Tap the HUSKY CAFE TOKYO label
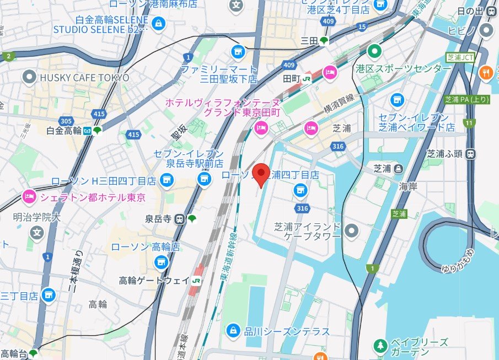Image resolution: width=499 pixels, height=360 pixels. pyautogui.click(x=84, y=78)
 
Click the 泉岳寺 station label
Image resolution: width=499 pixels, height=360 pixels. pyautogui.click(x=158, y=218)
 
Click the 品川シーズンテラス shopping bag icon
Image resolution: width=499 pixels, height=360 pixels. pyautogui.click(x=233, y=331)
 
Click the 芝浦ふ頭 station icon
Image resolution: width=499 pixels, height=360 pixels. pyautogui.click(x=470, y=154)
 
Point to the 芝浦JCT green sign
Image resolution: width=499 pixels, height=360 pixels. pyautogui.click(x=459, y=57)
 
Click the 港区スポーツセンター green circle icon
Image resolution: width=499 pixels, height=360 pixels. pyautogui.click(x=375, y=52)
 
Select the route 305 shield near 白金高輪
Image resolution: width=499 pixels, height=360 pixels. pyautogui.click(x=67, y=121)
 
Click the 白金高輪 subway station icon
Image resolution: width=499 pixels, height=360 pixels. pyautogui.click(x=88, y=131)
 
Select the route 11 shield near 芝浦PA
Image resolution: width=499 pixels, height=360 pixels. pyautogui.click(x=469, y=122)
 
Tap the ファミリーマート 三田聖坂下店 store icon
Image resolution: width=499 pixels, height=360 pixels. pyautogui.click(x=238, y=52)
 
